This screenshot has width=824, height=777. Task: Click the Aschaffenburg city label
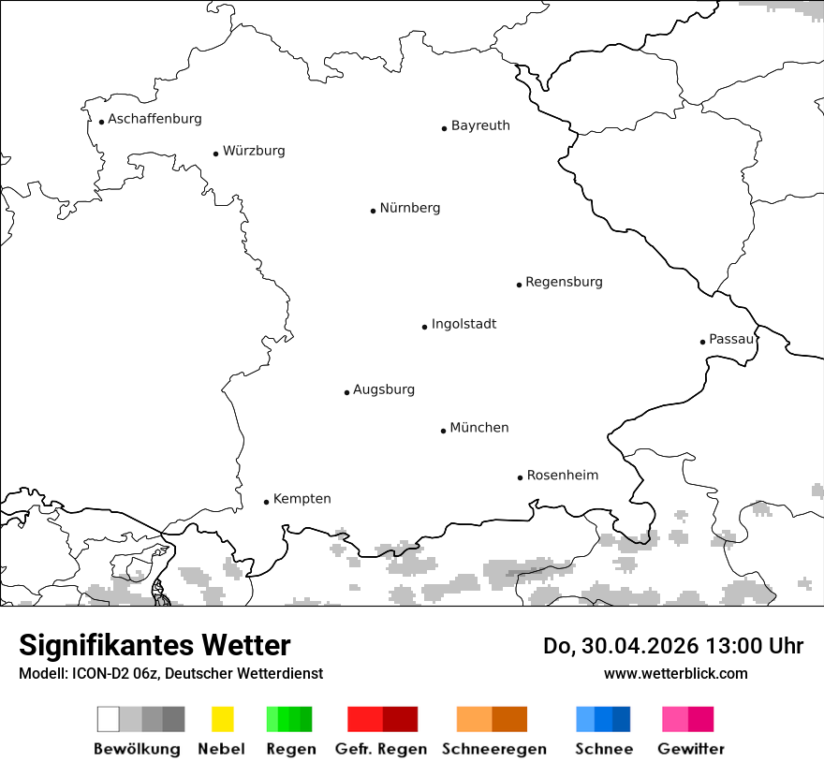click(x=154, y=119)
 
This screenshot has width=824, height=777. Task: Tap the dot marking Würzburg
click(x=215, y=154)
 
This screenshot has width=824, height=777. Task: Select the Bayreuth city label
click(x=480, y=125)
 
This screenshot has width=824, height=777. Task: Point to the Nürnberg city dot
click(x=373, y=211)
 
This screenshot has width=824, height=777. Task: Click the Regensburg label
click(x=564, y=282)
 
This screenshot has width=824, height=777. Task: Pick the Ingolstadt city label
click(x=463, y=324)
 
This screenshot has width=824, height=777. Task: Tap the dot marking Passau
click(x=702, y=342)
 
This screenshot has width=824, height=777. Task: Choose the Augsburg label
click(x=384, y=389)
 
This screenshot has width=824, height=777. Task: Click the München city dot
click(x=443, y=431)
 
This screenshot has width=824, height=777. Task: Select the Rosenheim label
click(x=563, y=475)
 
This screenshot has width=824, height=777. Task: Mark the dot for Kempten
click(x=266, y=502)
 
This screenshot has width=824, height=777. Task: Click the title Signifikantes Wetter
click(x=154, y=646)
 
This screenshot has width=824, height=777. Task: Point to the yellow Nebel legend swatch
click(x=222, y=719)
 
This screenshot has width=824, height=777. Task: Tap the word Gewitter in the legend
click(x=691, y=749)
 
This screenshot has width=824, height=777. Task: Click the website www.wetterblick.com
click(x=675, y=673)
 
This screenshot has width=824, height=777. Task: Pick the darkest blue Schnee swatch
click(x=622, y=719)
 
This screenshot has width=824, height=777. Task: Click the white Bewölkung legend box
click(x=109, y=719)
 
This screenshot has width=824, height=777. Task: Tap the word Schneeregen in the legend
click(x=494, y=749)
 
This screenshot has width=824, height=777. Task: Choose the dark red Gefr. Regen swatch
click(x=400, y=719)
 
